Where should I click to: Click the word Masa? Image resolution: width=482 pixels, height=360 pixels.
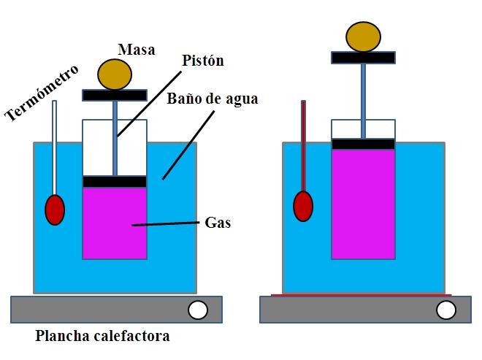point(136,49)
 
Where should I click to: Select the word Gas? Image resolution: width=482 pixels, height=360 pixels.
point(218,223)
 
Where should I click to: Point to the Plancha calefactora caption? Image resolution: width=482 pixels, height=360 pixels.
point(102,337)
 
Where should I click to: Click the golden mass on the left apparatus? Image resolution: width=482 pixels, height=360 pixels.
point(115,74)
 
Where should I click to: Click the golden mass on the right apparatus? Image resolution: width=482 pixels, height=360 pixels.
point(363,37)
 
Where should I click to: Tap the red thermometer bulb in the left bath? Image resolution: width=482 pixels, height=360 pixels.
point(55,210)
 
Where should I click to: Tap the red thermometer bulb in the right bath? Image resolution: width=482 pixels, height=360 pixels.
point(303,205)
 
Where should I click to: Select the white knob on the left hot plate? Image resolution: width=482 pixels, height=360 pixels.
point(197,310)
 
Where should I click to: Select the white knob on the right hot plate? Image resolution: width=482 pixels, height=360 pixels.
point(445,310)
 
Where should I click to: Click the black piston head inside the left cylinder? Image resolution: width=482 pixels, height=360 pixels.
point(115,181)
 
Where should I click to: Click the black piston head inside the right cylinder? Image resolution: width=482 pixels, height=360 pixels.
point(363,144)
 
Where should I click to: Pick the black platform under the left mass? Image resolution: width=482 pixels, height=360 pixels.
point(115,95)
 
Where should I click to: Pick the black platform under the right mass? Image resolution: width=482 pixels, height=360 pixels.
point(363,58)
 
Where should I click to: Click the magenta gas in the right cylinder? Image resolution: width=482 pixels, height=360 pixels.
point(363,204)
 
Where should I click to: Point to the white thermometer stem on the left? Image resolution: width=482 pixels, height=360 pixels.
point(54,146)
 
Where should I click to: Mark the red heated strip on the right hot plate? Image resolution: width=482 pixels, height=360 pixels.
point(361,296)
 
